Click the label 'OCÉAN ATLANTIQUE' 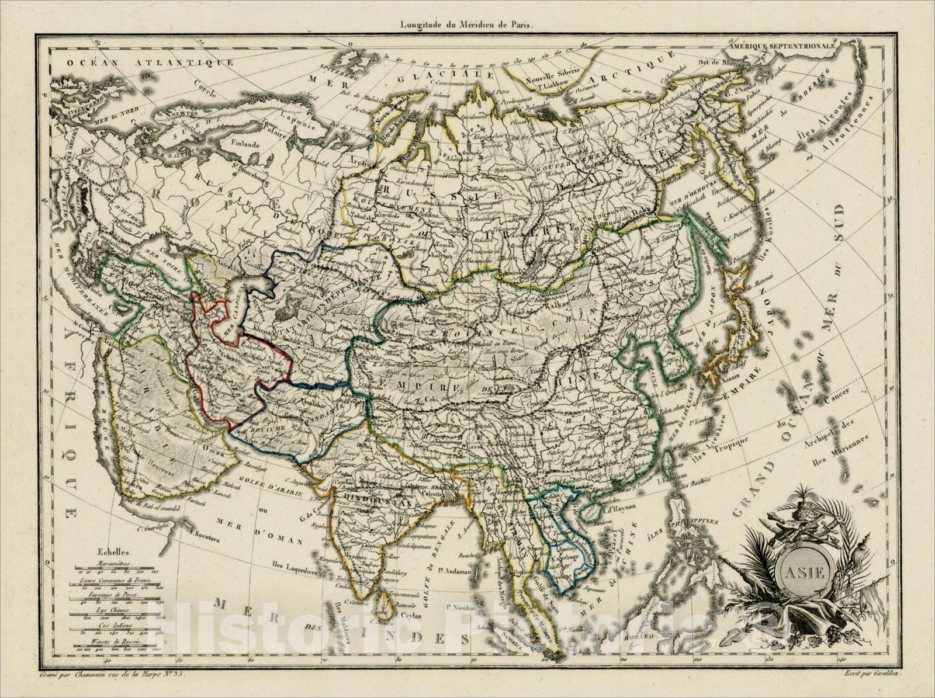150,62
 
